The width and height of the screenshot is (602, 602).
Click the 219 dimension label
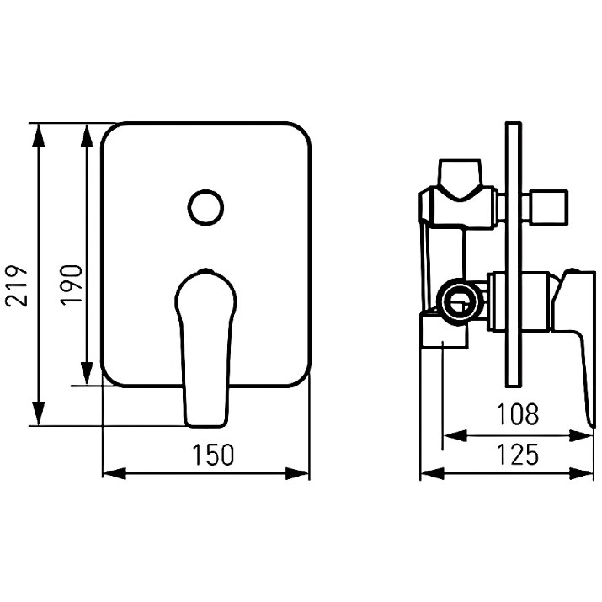(17, 285)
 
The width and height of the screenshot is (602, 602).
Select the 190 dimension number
(72, 285)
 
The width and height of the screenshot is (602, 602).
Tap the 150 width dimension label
(213, 455)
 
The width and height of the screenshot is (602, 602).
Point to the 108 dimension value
(518, 414)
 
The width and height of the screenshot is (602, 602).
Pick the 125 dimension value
(518, 454)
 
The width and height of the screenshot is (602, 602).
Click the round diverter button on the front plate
(205, 207)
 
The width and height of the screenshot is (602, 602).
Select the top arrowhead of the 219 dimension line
(38, 136)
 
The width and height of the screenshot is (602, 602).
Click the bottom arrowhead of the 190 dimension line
(88, 372)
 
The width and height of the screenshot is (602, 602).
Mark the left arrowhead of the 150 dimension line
(115, 473)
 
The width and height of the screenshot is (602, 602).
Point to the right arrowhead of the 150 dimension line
(297, 473)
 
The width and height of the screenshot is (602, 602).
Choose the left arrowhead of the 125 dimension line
(433, 473)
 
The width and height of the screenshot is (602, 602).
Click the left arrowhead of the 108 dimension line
(455, 436)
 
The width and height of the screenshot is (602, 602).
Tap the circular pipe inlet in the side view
(459, 301)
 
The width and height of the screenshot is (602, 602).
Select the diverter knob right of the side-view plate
(548, 206)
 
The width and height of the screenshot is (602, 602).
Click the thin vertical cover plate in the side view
(514, 254)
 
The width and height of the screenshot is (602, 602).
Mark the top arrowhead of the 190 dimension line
(88, 136)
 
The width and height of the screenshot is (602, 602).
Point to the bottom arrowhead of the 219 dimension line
(38, 413)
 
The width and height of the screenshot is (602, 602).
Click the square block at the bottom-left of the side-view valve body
(445, 332)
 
